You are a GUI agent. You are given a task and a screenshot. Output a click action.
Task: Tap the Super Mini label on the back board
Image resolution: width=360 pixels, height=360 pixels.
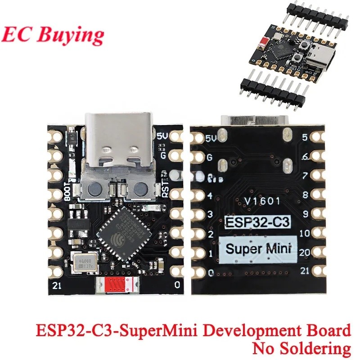(258, 248)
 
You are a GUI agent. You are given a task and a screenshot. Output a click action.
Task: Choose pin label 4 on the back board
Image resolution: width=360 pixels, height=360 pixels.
(210, 196)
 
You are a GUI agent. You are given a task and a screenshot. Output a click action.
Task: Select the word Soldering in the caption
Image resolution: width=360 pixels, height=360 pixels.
(317, 348)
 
